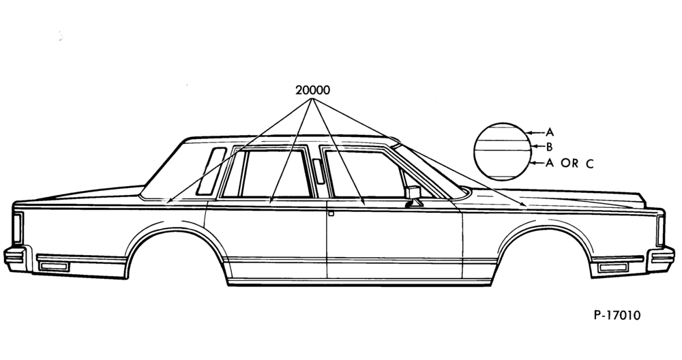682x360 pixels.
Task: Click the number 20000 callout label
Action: (312, 91)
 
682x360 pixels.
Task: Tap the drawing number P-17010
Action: (617, 315)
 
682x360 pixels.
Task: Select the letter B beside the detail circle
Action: (549, 147)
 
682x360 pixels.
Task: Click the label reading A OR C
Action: (569, 164)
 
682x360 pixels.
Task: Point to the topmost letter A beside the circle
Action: (550, 132)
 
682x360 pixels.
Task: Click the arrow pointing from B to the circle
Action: (538, 147)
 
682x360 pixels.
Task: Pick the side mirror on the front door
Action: (413, 196)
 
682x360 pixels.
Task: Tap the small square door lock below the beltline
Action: (331, 213)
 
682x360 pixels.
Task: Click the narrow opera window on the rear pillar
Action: (211, 171)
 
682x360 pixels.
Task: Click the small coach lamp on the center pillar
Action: (318, 171)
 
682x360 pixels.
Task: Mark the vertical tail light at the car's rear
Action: (18, 228)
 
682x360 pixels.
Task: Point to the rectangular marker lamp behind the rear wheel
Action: (54, 266)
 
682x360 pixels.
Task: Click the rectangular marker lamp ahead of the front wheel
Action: (613, 267)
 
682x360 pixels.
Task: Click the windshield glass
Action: (430, 172)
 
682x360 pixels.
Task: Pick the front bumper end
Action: (661, 259)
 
